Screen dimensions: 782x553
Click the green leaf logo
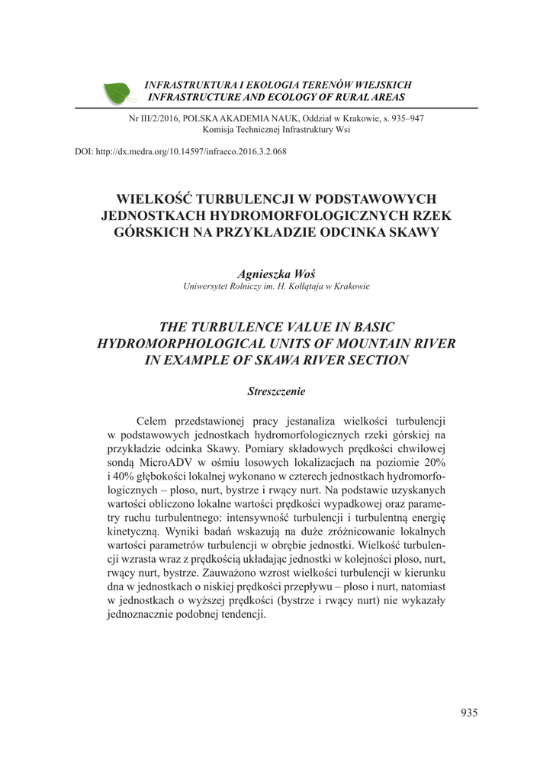point(118,92)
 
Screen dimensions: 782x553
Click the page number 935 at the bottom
point(469,713)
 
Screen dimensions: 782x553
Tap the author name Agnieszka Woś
point(276,273)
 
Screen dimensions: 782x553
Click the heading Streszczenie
point(276,391)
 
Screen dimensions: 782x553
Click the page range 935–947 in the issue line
point(406,118)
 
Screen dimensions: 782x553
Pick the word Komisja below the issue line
point(219,130)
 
